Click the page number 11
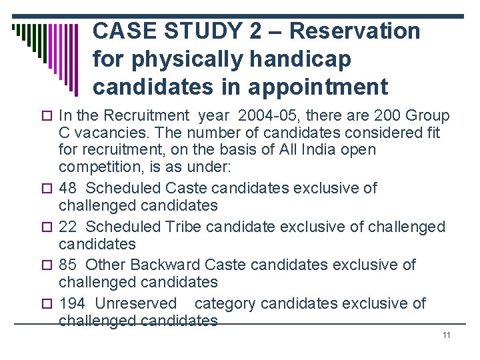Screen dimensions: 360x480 pos(446,335)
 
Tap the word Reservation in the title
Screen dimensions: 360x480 pos(355,31)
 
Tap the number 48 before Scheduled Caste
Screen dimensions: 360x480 pos(68,188)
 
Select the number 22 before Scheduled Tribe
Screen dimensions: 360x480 pos(68,227)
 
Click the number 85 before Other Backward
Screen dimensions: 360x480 pos(68,265)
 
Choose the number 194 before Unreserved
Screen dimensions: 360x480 pos(72,303)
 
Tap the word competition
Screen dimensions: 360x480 pos(100,167)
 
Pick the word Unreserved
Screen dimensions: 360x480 pos(136,303)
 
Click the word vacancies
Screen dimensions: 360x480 pos(100,133)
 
